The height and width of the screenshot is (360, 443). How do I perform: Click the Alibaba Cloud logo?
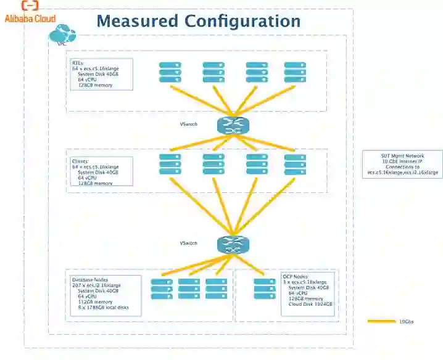click(x=30, y=12)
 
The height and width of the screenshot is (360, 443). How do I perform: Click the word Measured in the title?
click(x=137, y=21)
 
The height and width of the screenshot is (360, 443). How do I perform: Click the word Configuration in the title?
click(x=243, y=21)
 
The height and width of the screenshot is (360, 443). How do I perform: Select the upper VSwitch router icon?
click(x=233, y=126)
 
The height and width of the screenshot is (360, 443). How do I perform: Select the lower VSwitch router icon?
click(x=233, y=245)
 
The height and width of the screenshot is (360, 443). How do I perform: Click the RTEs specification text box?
click(x=101, y=74)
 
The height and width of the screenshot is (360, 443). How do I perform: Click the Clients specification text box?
click(x=101, y=172)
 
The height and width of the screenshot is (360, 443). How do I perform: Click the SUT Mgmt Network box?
click(x=402, y=165)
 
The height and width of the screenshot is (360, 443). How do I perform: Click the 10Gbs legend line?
click(x=381, y=321)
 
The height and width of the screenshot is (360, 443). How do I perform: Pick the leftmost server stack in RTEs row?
click(x=170, y=72)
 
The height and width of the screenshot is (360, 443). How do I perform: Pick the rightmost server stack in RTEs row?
click(x=295, y=72)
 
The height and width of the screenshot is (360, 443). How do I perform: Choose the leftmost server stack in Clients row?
click(x=170, y=165)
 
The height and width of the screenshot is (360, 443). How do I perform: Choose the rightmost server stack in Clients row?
click(x=295, y=165)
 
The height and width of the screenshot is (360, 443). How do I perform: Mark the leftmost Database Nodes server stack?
click(x=162, y=290)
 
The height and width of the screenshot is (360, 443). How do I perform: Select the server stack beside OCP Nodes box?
click(x=264, y=289)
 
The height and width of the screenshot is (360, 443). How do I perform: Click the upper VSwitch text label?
click(x=188, y=125)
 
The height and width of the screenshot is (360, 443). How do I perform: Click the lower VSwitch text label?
click(x=188, y=243)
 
